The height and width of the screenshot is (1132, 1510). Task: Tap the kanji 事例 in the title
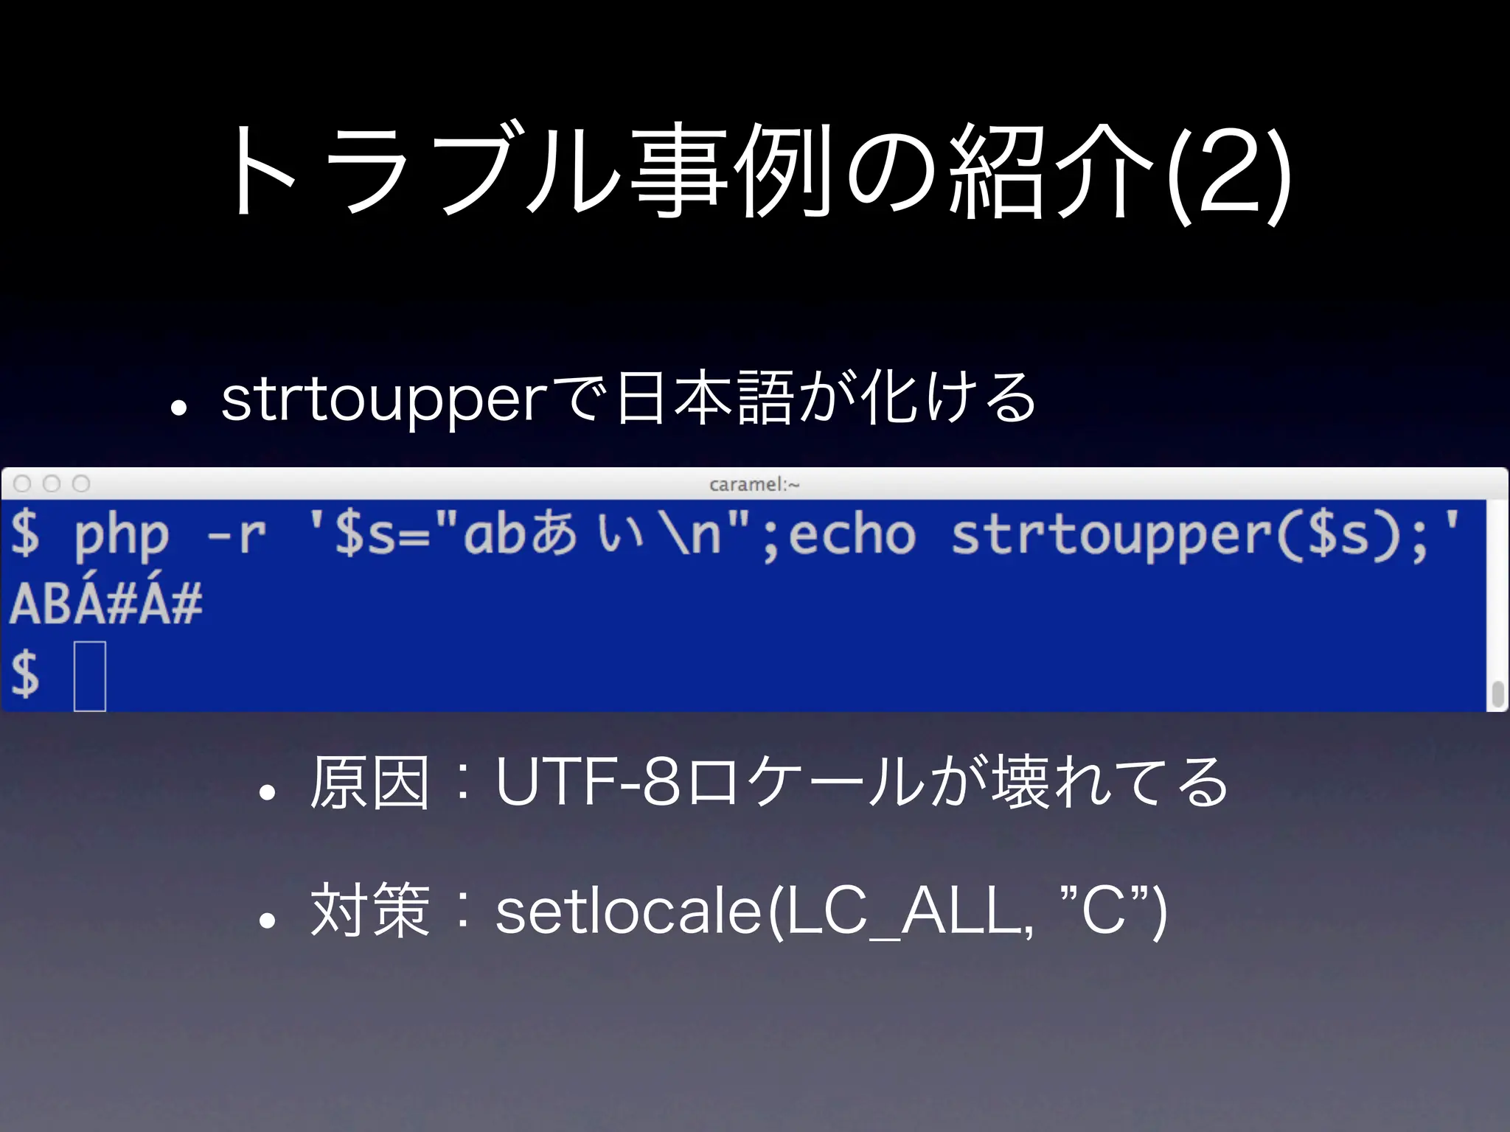(x=733, y=173)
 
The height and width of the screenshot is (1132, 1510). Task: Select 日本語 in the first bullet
(x=703, y=398)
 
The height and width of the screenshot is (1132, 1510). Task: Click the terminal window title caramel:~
(x=754, y=484)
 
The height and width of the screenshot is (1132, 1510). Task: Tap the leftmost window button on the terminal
(x=23, y=483)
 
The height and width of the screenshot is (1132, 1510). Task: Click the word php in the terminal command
(x=122, y=536)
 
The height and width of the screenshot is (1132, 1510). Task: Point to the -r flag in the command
(x=236, y=536)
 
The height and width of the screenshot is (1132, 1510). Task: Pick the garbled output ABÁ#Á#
(x=105, y=604)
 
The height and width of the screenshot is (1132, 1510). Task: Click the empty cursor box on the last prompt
(x=90, y=676)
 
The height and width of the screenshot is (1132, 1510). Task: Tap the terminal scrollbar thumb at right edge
(x=1497, y=693)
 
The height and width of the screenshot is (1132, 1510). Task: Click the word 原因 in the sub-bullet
(x=369, y=783)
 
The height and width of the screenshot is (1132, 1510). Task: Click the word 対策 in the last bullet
(x=369, y=911)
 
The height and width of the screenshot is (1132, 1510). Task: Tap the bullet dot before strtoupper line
(x=177, y=408)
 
